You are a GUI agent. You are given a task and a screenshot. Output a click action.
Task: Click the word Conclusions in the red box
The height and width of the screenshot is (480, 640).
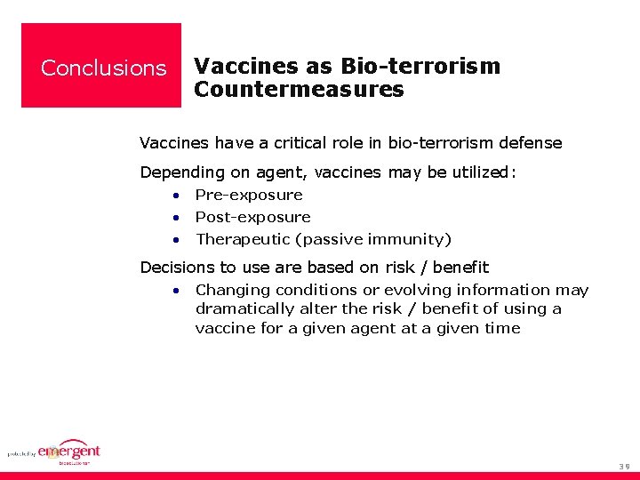[103, 68]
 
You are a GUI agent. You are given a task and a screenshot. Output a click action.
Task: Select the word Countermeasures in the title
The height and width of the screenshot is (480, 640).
[299, 90]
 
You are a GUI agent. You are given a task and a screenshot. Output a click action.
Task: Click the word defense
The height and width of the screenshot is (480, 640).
[531, 143]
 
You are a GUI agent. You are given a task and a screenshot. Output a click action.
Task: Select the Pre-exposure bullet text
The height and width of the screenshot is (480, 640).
[249, 195]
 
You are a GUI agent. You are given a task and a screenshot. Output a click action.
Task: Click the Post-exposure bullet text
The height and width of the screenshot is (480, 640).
[252, 217]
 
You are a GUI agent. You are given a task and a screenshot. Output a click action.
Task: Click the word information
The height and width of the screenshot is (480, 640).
[504, 290]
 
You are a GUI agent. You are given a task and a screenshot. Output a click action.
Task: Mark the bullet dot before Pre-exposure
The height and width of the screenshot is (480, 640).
[178, 196]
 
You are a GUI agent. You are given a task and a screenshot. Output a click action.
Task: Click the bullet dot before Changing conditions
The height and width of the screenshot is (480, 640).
[178, 291]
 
